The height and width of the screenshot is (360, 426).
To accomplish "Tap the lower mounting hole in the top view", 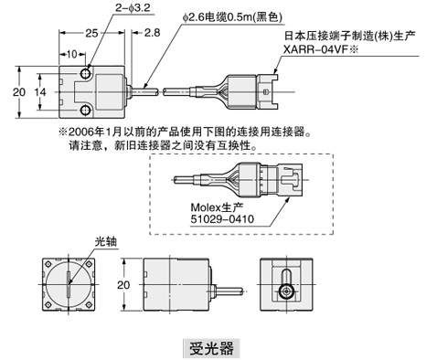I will click(86, 111).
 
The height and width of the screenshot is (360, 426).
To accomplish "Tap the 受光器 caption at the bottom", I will click(210, 347).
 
